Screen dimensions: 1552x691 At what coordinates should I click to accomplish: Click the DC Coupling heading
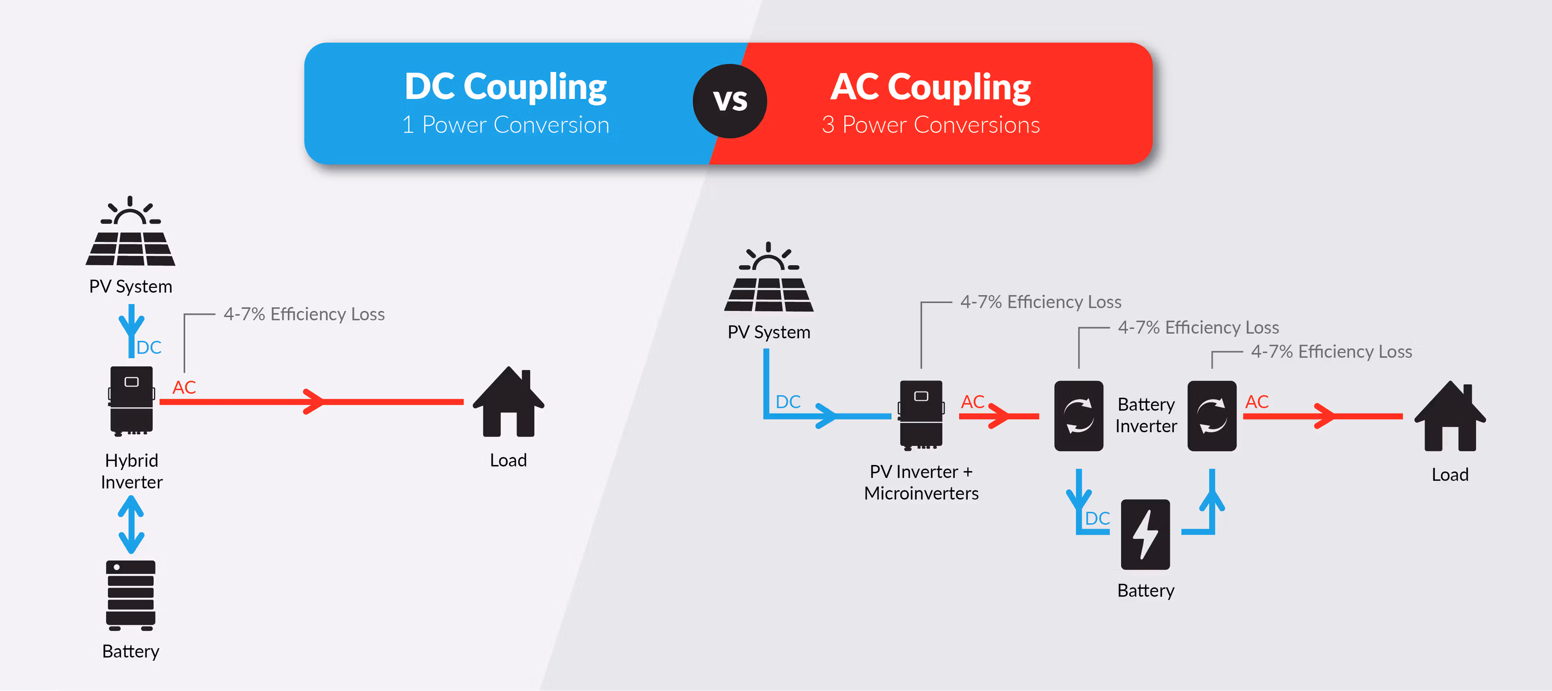[x=506, y=87]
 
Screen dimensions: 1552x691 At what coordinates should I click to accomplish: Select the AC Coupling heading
[x=931, y=87]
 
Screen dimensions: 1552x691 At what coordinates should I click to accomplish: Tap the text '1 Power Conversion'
[x=506, y=125]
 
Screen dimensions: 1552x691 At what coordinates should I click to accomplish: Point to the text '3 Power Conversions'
[x=931, y=125]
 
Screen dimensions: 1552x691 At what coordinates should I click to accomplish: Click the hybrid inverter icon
[x=131, y=400]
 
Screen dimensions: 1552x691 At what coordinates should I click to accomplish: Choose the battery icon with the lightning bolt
[x=1145, y=534]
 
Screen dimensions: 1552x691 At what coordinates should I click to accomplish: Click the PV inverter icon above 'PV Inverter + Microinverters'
[x=921, y=415]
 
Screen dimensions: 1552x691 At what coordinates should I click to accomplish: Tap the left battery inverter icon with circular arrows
[x=1078, y=416]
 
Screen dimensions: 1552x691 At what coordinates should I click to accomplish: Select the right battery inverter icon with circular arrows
[x=1212, y=416]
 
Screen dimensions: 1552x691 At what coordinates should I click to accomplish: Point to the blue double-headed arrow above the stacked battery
[x=131, y=524]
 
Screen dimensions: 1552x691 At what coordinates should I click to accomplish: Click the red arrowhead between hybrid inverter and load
[x=313, y=401]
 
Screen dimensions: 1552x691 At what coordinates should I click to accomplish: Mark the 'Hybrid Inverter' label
[x=131, y=471]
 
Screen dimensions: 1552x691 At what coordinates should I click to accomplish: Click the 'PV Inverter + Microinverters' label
[x=921, y=482]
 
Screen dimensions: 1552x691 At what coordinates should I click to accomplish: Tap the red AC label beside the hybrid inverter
[x=184, y=387]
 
